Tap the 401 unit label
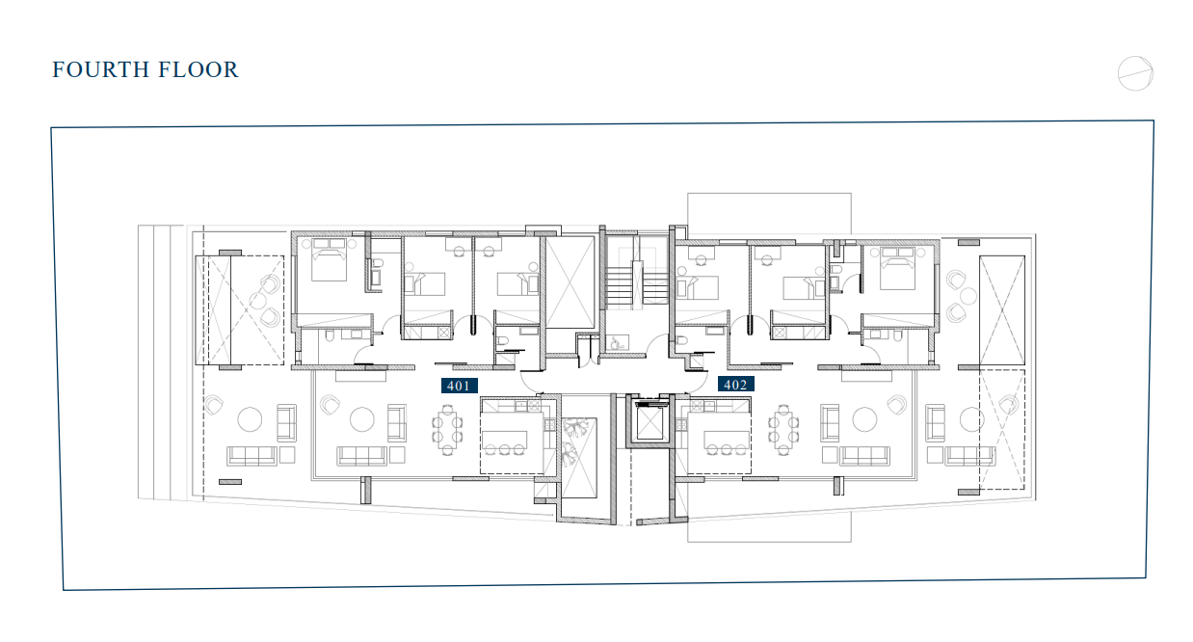459,386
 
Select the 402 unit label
735,384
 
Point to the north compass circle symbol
1135,73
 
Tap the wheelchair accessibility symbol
618,343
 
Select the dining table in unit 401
447,430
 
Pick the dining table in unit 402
782,430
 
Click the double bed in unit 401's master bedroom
330,259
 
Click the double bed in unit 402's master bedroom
897,267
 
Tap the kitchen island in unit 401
504,439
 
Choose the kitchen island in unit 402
727,439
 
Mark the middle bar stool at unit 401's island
504,450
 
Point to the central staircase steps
636,286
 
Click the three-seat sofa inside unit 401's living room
361,456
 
